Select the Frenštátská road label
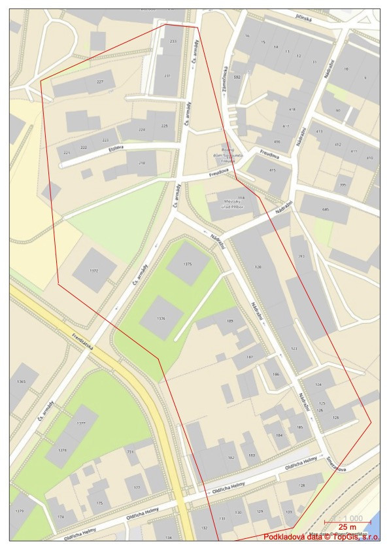(84, 340)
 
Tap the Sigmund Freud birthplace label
(228, 156)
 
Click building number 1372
(94, 270)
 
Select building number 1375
(188, 264)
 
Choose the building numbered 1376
(161, 318)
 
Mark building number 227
(100, 82)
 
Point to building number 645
(325, 209)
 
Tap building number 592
(237, 77)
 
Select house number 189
(229, 321)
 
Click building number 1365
(21, 382)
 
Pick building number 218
(143, 163)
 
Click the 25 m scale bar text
(347, 526)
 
